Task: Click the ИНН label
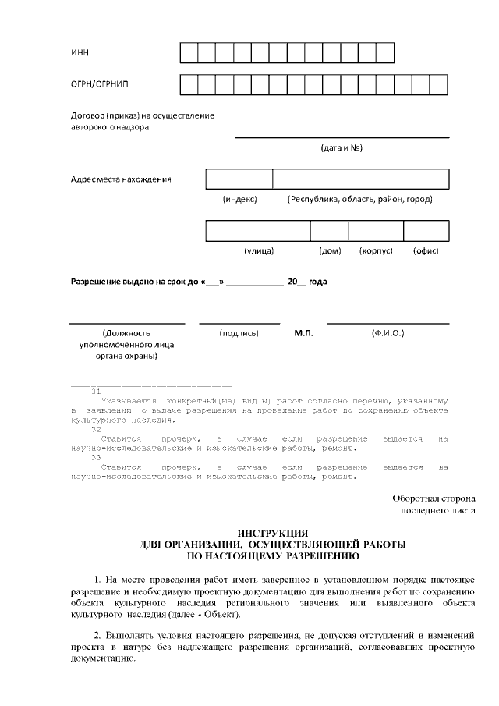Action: pyautogui.click(x=80, y=53)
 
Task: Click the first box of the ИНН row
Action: pyautogui.click(x=189, y=52)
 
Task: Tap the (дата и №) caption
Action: pyautogui.click(x=342, y=147)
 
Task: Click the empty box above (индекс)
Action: pyautogui.click(x=239, y=179)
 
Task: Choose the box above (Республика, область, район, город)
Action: pyautogui.click(x=360, y=179)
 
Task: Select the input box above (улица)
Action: pyautogui.click(x=258, y=231)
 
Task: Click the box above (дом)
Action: pyautogui.click(x=329, y=231)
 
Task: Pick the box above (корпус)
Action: pyautogui.click(x=376, y=231)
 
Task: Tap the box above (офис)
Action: pyautogui.click(x=426, y=231)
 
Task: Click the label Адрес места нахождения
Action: pyautogui.click(x=121, y=179)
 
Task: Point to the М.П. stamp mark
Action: pyautogui.click(x=303, y=333)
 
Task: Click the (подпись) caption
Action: pyautogui.click(x=239, y=333)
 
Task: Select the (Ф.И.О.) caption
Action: pyautogui.click(x=388, y=333)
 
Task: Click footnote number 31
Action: pyautogui.click(x=97, y=392)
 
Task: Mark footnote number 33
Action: pyautogui.click(x=97, y=457)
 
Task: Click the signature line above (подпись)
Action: pyautogui.click(x=239, y=323)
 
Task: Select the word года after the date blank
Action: pyautogui.click(x=317, y=282)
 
